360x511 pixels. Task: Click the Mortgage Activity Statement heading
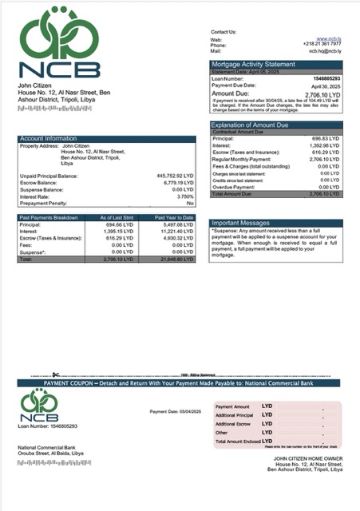click(253, 63)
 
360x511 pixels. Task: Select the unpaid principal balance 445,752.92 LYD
click(175, 175)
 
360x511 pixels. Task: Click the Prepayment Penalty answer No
click(190, 203)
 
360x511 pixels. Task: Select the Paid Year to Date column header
click(174, 217)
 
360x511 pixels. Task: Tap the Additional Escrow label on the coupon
click(233, 424)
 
